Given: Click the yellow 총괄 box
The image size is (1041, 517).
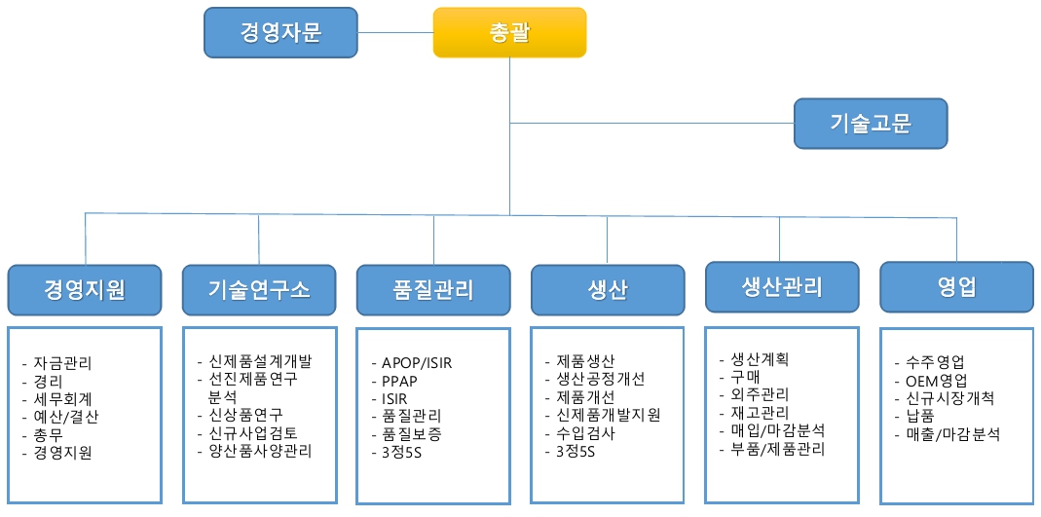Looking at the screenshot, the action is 510,32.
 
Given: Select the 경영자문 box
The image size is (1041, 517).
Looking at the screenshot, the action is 280,32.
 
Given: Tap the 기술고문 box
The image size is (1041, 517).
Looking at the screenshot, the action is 871,124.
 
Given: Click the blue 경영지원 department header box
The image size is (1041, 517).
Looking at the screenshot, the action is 85,290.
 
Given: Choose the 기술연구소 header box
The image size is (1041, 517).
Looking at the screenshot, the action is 259,290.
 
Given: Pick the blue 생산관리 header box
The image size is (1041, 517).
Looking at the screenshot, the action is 782,286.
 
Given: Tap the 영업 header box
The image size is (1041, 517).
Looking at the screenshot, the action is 956,286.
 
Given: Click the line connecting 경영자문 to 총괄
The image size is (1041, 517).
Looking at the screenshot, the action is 395,32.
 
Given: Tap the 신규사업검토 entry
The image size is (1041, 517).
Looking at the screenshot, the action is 248,432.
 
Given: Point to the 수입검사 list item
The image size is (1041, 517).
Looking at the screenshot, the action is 579,433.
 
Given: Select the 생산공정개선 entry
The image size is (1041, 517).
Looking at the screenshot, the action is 595,379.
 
